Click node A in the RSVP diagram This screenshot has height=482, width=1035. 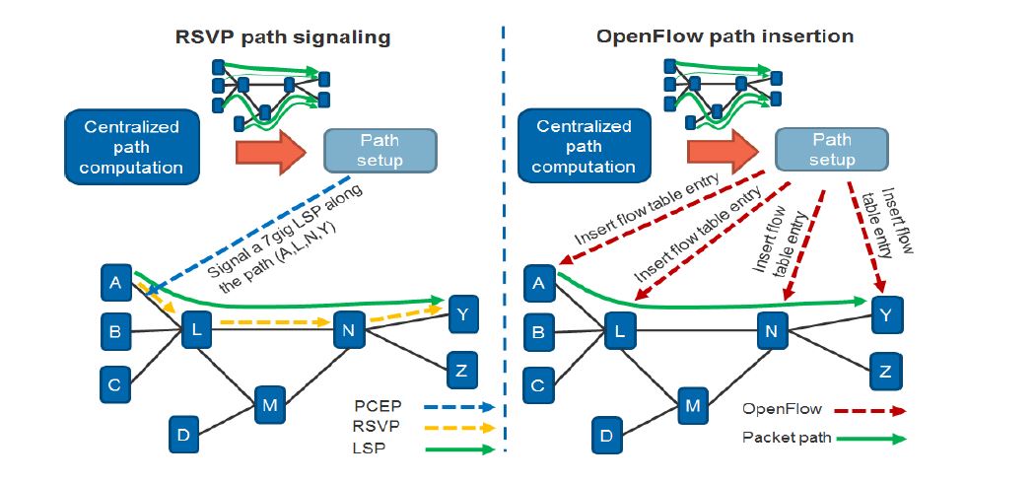coord(116,284)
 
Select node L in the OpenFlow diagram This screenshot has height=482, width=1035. coord(618,332)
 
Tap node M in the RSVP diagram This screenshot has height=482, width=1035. coord(270,402)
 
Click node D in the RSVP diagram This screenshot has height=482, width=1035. coord(183,434)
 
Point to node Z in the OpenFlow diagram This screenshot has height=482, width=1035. coord(885,373)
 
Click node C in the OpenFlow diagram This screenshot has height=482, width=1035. coord(537,384)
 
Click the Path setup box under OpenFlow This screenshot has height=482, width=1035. coord(830,149)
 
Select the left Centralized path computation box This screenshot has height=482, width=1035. coord(132,147)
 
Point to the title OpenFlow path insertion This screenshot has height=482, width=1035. coord(724,37)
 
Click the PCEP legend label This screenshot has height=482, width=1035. coord(375,406)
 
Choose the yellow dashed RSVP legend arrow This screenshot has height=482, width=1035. coord(458,428)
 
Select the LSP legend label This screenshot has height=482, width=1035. coord(367,448)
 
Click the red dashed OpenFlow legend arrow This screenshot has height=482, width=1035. coord(868,409)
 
